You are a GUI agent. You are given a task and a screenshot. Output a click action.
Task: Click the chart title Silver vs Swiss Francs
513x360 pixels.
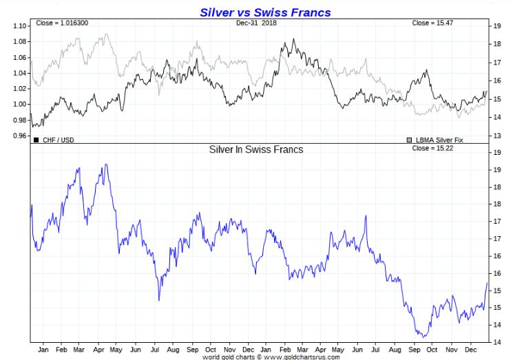click(x=265, y=12)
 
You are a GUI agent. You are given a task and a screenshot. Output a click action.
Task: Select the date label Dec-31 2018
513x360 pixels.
click(x=256, y=23)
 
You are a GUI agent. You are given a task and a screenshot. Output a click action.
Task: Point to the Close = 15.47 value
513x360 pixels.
click(x=432, y=23)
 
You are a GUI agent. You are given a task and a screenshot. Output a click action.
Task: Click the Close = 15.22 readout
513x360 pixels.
click(x=432, y=148)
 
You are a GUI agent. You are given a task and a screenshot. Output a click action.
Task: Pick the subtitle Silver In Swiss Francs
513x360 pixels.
click(x=256, y=149)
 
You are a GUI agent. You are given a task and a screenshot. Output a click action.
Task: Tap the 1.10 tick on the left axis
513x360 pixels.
click(x=19, y=26)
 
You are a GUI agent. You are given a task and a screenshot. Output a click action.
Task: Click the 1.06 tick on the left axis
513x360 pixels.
click(x=19, y=57)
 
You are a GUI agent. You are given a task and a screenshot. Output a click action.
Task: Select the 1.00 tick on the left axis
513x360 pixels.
click(x=19, y=104)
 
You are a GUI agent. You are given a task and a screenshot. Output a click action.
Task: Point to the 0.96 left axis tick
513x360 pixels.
click(x=19, y=136)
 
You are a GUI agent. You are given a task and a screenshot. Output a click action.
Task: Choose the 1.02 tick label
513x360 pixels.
click(x=19, y=89)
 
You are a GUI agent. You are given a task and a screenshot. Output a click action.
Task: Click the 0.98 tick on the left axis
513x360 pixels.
click(x=19, y=120)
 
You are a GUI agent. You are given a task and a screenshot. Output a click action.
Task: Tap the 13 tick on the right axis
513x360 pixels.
click(x=496, y=136)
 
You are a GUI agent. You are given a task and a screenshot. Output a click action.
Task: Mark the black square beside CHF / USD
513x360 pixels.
click(x=36, y=140)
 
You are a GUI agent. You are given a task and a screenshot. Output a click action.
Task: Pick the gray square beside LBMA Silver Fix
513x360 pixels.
click(x=410, y=140)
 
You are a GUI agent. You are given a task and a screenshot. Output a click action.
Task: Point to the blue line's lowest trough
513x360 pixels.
click(x=423, y=337)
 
